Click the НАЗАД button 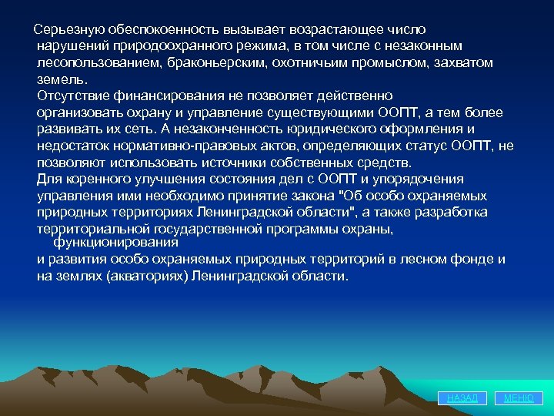tap(462, 398)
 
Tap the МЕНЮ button tap(519, 398)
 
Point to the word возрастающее tap(335, 29)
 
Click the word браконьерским tap(215, 63)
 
